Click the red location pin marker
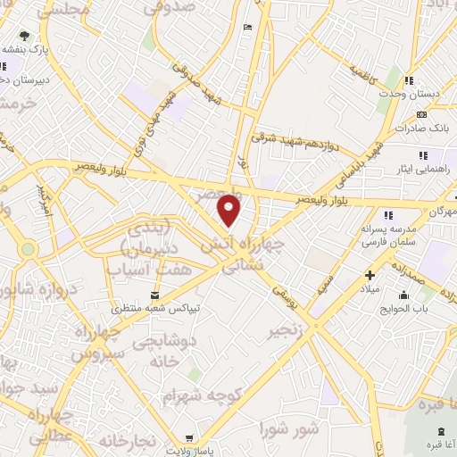(230, 210)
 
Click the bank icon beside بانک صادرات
(421, 114)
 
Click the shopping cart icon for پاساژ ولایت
(188, 438)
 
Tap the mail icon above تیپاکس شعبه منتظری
(156, 295)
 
